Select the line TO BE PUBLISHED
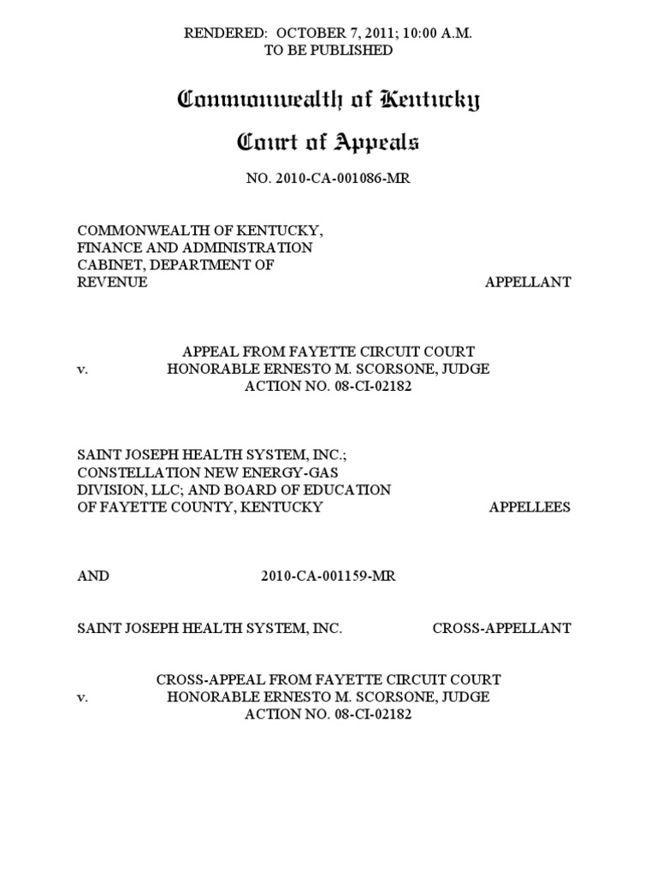tap(328, 50)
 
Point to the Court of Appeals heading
tap(328, 143)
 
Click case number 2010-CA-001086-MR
tap(328, 177)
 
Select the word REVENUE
tap(112, 282)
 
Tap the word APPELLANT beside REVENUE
tap(528, 282)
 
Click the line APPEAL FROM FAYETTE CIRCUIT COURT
tap(328, 352)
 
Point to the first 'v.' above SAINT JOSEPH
tap(83, 369)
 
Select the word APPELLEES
tap(530, 506)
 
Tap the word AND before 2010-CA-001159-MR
tap(93, 576)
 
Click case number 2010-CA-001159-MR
tap(328, 576)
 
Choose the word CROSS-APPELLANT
tap(501, 628)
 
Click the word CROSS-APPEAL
tap(200, 680)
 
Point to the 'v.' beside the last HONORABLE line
tap(83, 697)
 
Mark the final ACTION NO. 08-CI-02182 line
tap(328, 714)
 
